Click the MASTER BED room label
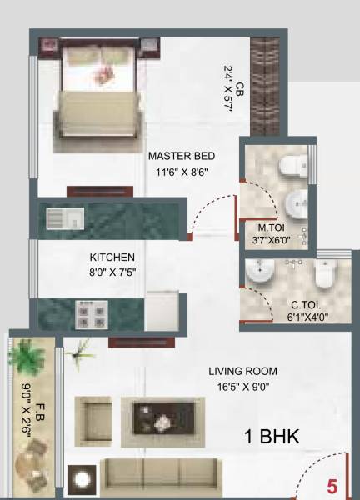(x=182, y=156)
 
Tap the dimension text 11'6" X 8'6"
(x=180, y=172)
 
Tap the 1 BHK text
(x=272, y=437)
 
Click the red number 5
(x=331, y=484)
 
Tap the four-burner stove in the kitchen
(x=92, y=314)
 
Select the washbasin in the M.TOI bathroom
(x=296, y=204)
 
